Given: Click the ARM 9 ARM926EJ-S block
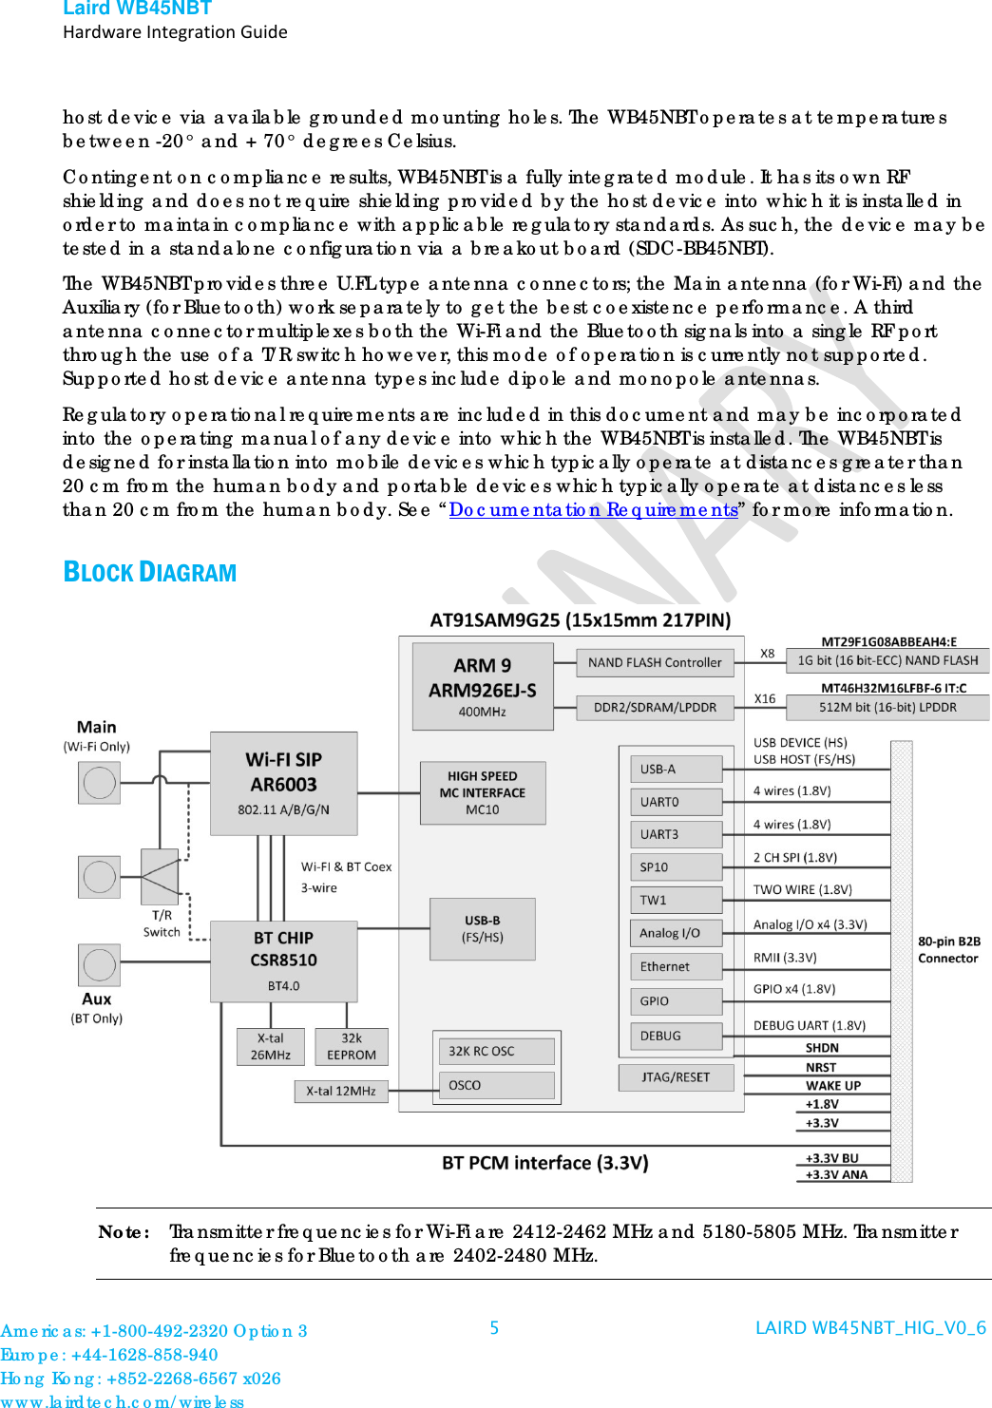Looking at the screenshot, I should click(482, 686).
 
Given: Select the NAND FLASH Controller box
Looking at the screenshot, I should click(655, 662).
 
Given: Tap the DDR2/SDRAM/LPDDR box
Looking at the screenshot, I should click(655, 707).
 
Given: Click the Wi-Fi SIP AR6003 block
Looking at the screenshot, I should click(283, 783).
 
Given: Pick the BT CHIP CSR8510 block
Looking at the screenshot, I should click(283, 961).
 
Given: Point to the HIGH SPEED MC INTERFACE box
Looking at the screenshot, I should click(482, 792).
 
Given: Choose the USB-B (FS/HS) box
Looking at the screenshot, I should click(482, 929).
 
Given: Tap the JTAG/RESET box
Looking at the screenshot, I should click(676, 1076).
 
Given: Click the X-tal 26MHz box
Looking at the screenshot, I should click(270, 1046).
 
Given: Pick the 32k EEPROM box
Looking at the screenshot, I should click(351, 1046).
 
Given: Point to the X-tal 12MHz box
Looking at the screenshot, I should click(340, 1091).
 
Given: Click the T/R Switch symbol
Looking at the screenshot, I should click(160, 876).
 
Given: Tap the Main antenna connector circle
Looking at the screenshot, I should click(99, 783).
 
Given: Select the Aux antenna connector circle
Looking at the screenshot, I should click(99, 965).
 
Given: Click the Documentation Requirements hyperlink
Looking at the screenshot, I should click(594, 509).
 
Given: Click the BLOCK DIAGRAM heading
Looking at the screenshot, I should click(150, 572).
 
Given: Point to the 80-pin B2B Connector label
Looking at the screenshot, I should click(948, 949).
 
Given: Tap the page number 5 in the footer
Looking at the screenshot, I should click(494, 1327).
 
